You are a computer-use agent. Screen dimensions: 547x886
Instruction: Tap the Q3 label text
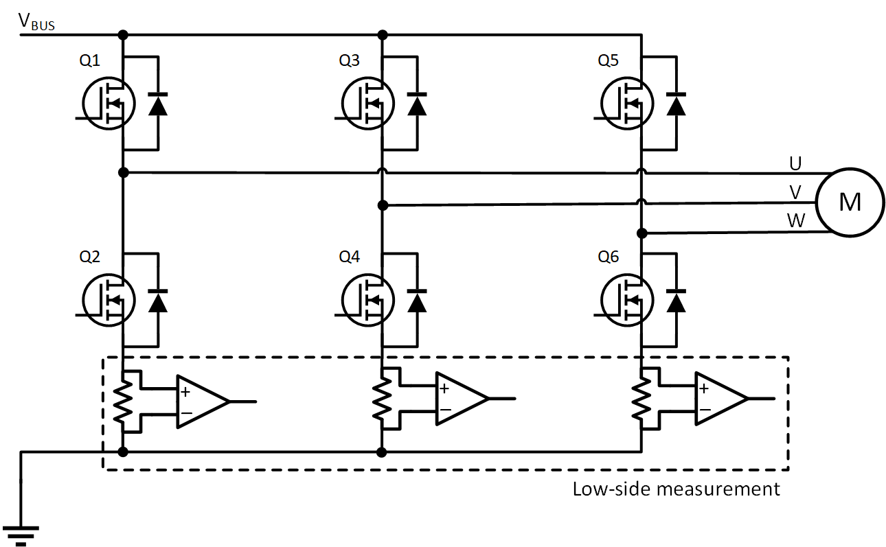349,61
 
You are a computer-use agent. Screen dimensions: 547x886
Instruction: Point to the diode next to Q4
417,300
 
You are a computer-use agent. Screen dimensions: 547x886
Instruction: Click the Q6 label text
608,257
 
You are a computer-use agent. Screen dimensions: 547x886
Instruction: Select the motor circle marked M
850,203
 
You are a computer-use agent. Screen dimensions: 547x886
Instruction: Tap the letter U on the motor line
795,163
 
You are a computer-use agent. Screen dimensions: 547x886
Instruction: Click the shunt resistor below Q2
123,401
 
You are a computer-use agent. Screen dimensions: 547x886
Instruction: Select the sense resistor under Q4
382,401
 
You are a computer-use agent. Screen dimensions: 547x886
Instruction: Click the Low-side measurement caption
676,489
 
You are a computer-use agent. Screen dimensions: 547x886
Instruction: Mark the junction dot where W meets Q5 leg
641,233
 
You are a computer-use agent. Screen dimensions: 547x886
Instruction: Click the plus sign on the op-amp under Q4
444,389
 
